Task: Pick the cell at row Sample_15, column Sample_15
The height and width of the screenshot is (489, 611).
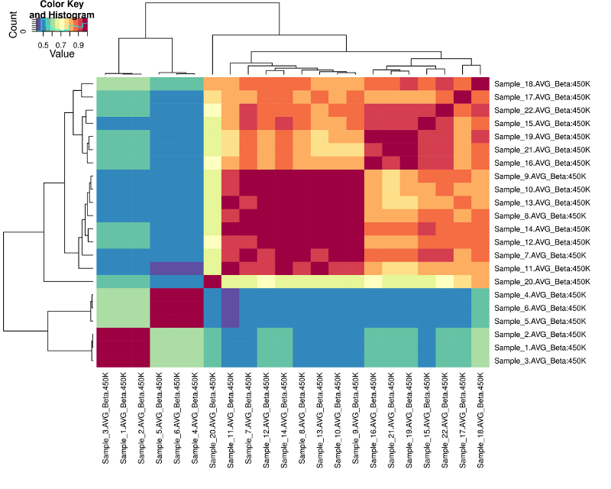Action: point(427,123)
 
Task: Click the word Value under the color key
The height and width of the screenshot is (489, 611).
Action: point(62,54)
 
